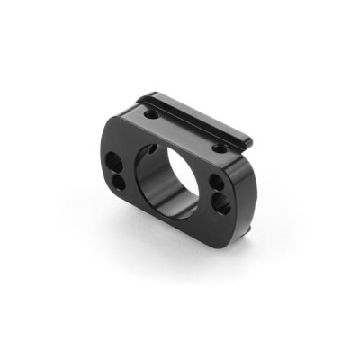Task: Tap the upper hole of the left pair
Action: point(115,165)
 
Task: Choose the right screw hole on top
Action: point(220,145)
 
